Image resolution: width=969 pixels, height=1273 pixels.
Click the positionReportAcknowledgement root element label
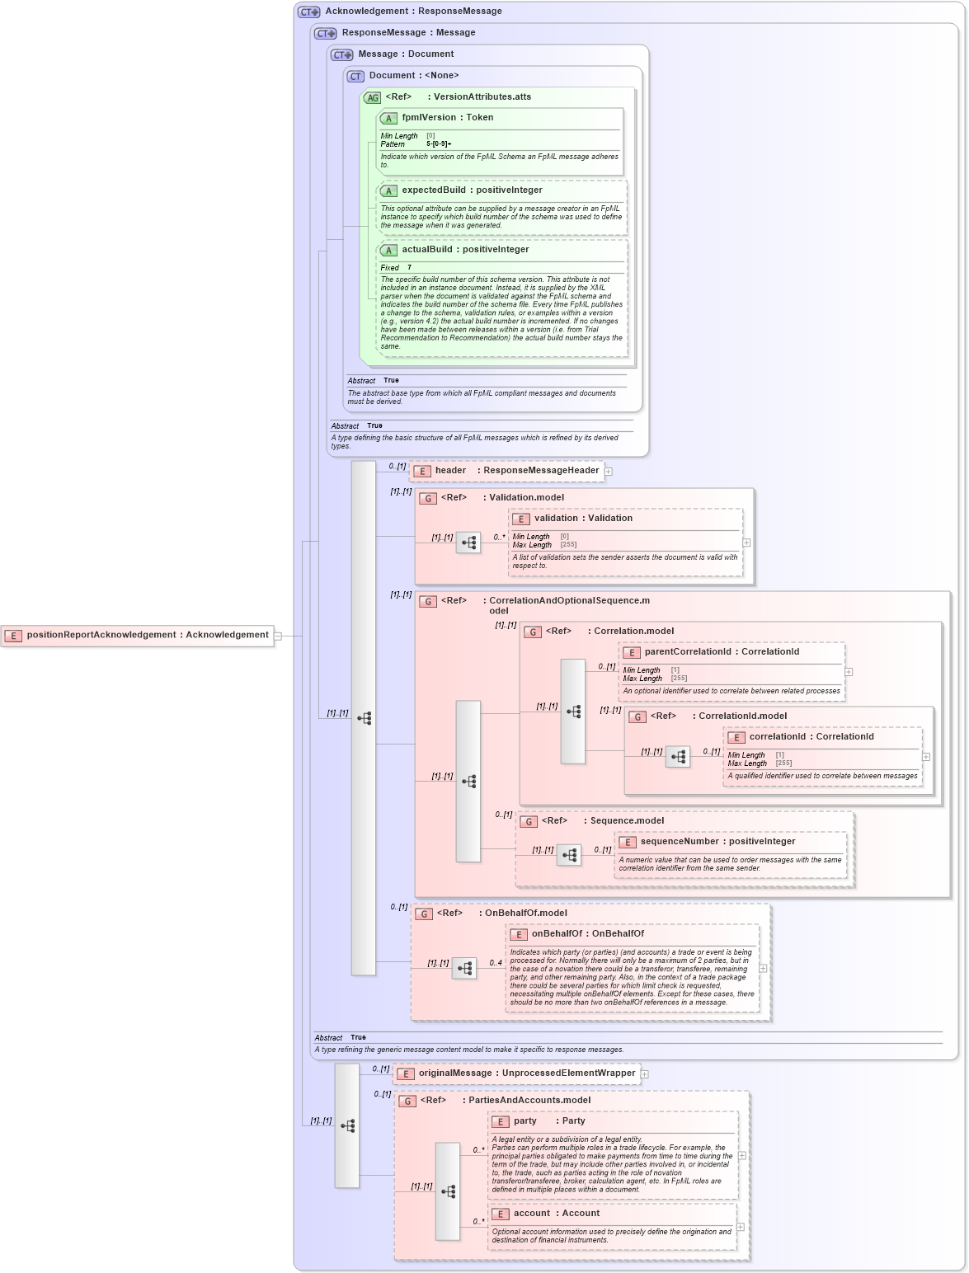[x=147, y=635]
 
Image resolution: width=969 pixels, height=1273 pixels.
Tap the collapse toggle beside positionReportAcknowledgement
[x=278, y=636]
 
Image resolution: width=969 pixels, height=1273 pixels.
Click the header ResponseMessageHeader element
[x=516, y=471]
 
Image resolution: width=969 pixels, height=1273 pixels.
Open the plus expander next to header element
[x=609, y=472]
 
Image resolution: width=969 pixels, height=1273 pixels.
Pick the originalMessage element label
[x=526, y=1073]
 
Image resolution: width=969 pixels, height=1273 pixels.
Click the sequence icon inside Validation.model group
[x=468, y=543]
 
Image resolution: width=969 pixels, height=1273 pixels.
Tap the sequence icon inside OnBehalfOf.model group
[x=464, y=968]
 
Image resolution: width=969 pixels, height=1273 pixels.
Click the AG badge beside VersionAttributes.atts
[x=373, y=97]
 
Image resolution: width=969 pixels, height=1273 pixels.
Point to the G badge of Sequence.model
[x=529, y=821]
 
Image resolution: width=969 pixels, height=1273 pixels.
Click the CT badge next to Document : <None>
[x=355, y=76]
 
